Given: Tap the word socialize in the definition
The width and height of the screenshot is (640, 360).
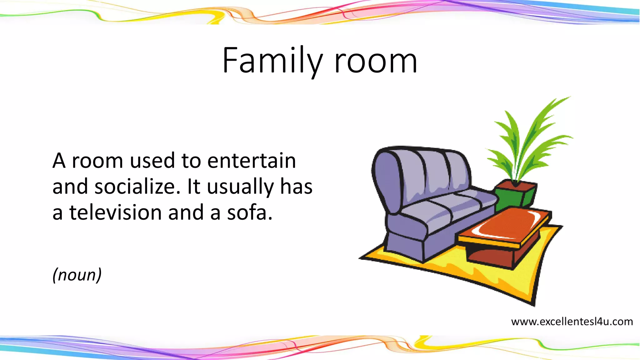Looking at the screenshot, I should (137, 187).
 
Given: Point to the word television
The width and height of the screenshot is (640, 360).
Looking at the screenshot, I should (115, 213).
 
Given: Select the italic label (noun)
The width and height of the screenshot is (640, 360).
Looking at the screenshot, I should (77, 275).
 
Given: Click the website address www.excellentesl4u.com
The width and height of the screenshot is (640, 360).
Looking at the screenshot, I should (572, 322).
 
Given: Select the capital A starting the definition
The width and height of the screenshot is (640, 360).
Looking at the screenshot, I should (59, 161).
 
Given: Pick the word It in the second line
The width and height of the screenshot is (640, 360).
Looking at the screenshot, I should (193, 187).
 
